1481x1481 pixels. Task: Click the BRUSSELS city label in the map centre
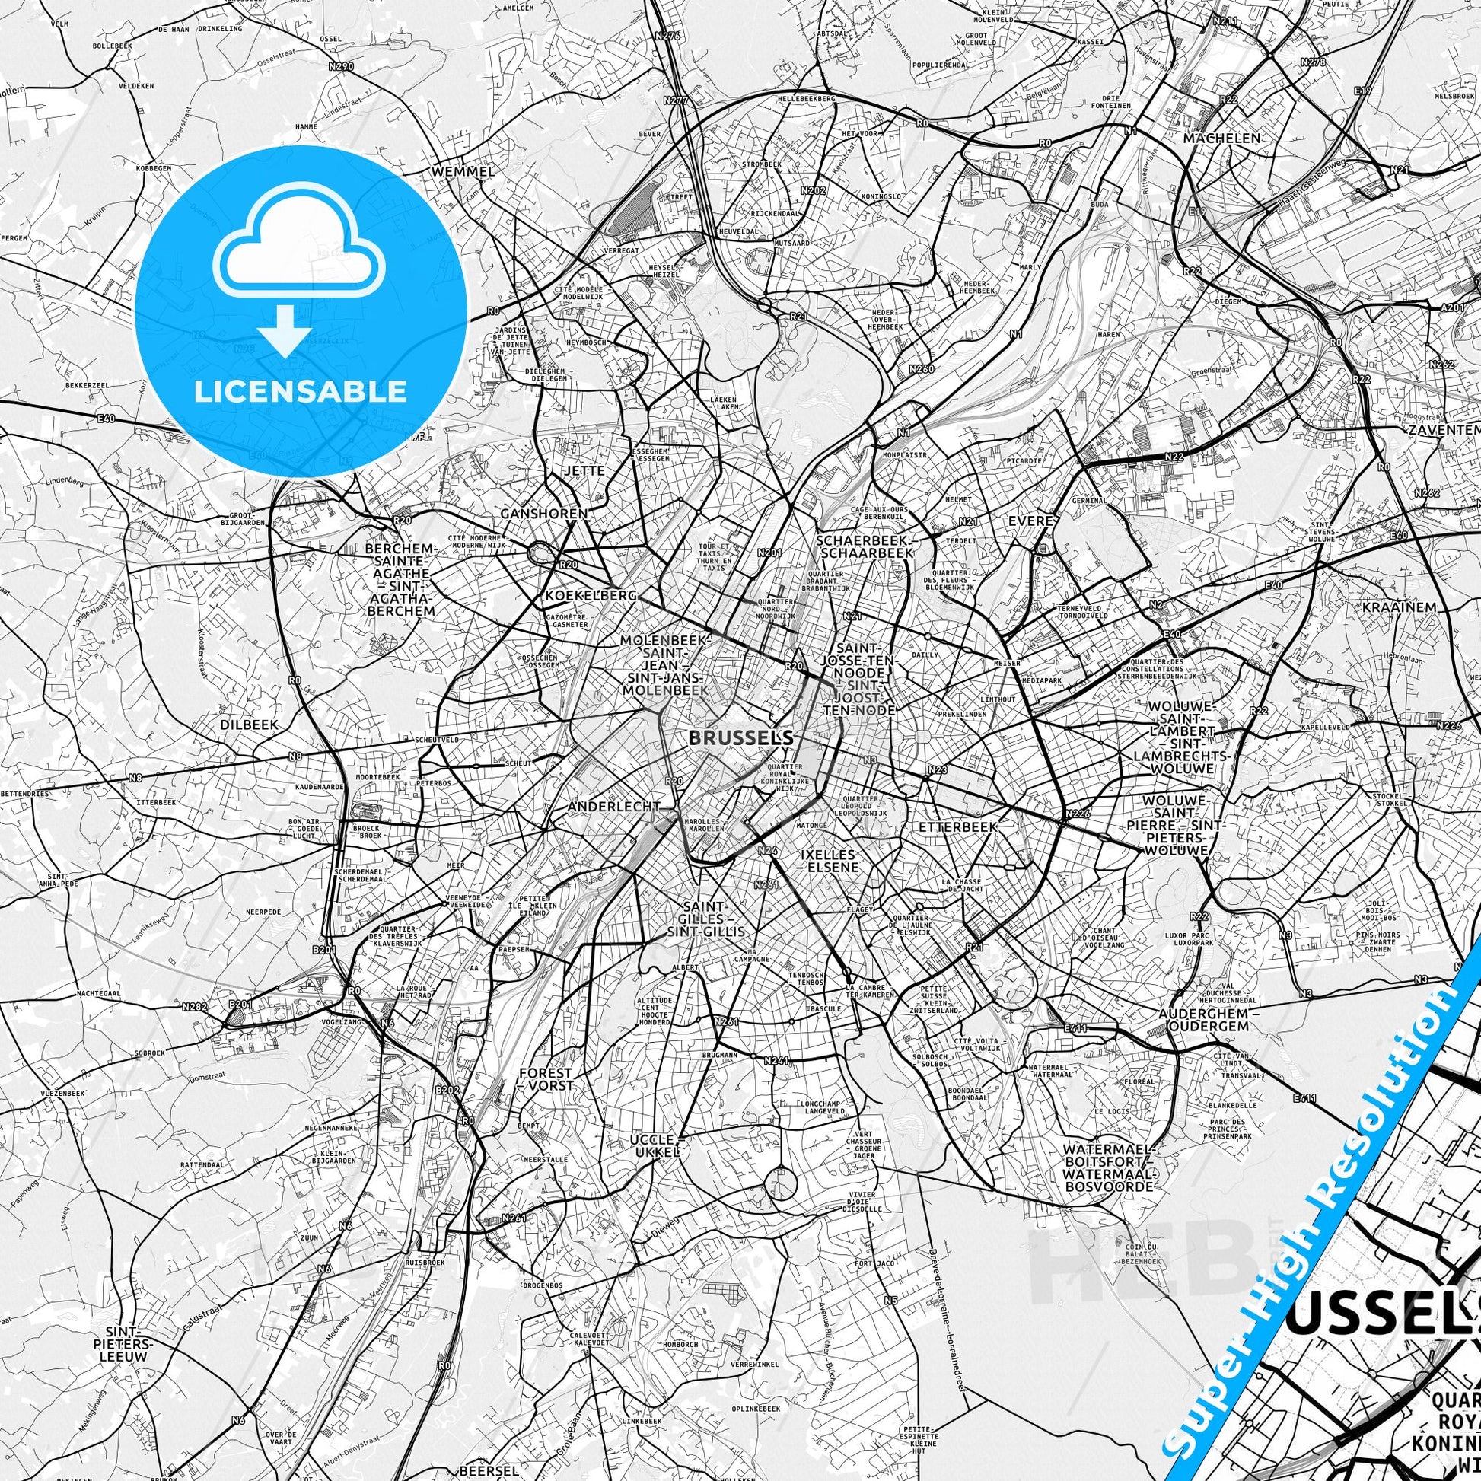click(740, 738)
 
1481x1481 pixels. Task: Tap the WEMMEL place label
click(463, 172)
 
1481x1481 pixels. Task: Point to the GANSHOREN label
click(543, 514)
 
